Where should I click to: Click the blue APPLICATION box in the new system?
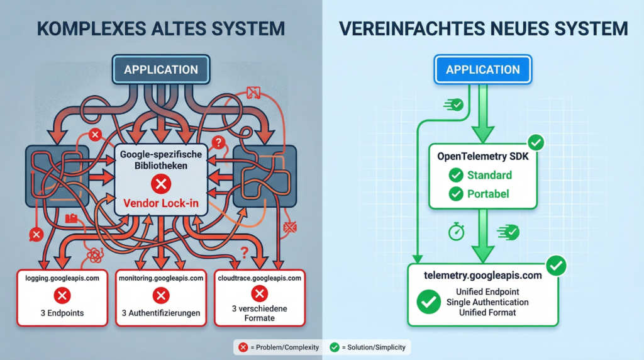click(x=483, y=69)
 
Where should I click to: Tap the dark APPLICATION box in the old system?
click(x=160, y=69)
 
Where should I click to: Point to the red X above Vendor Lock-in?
click(x=162, y=184)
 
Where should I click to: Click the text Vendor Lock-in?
click(x=162, y=203)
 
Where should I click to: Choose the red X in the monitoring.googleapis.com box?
click(x=161, y=295)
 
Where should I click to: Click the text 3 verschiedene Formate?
click(x=259, y=313)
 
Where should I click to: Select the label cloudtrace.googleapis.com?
click(x=259, y=278)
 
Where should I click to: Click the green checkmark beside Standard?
click(x=456, y=175)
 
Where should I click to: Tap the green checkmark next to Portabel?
click(x=456, y=194)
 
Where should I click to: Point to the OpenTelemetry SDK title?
click(x=483, y=157)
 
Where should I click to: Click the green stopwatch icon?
click(x=456, y=232)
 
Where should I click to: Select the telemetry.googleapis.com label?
click(x=483, y=275)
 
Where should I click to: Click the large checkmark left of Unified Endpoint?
click(x=429, y=302)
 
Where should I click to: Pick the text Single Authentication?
click(x=487, y=302)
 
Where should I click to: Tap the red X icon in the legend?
click(x=243, y=347)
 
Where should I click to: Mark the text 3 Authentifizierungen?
click(x=161, y=313)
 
